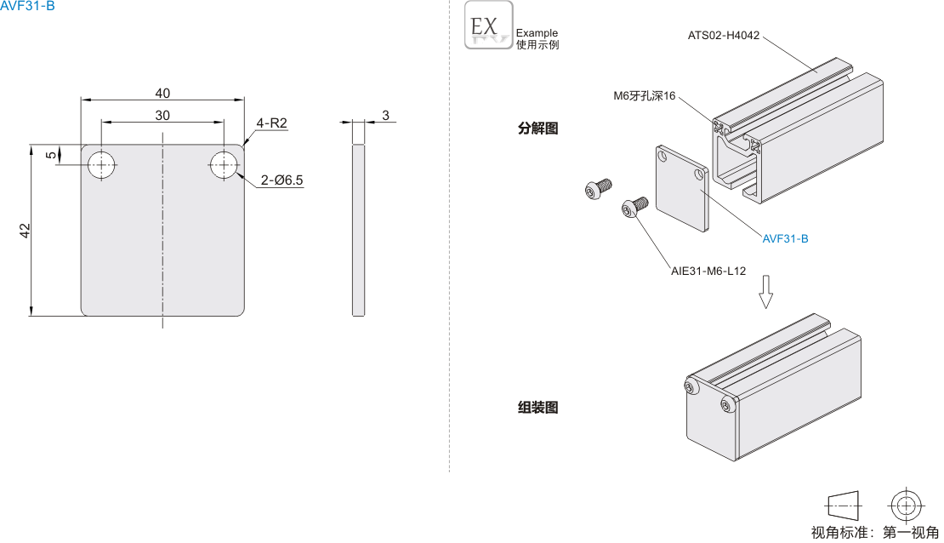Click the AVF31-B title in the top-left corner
27,6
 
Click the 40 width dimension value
162,93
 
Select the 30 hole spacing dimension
162,115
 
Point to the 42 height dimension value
26,231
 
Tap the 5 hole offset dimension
51,155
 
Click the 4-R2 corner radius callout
272,123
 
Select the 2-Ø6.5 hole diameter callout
282,180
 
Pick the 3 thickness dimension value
385,115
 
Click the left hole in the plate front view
103,164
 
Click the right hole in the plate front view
224,164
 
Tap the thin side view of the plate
359,230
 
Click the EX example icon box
489,26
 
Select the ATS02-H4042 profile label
724,36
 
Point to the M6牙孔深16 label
645,96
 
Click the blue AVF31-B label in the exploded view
785,238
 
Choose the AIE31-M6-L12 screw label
708,271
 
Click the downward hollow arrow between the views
766,291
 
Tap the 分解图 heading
537,129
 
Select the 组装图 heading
537,408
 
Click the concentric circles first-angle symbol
907,505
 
